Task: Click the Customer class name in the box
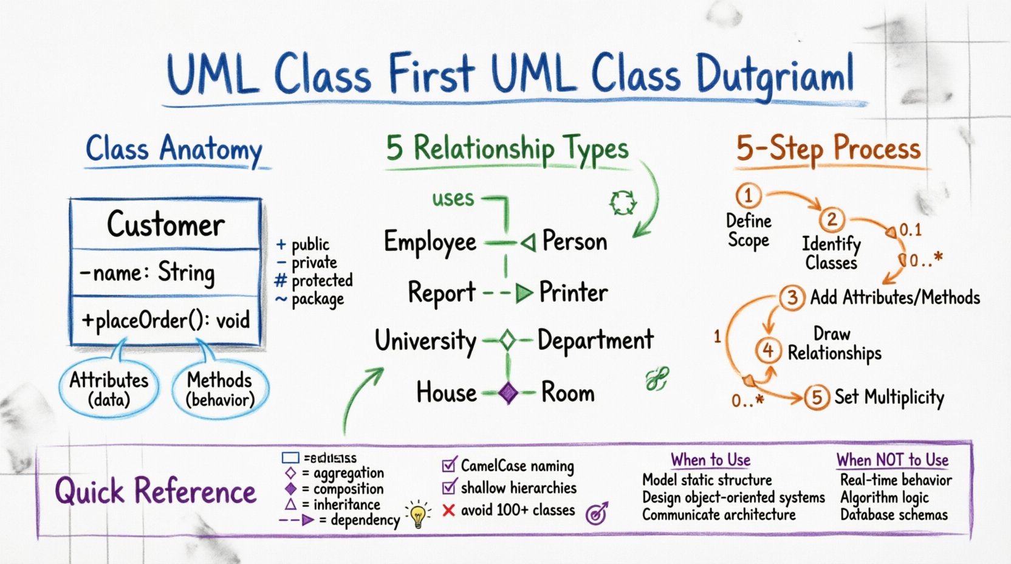165,224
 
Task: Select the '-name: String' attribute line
147,272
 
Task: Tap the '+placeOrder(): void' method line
165,320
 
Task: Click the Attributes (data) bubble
109,390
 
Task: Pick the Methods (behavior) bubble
219,390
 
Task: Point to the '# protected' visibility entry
314,281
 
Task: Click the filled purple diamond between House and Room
508,393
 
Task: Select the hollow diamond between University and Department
507,341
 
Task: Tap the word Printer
573,293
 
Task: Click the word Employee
430,242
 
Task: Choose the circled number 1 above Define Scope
748,196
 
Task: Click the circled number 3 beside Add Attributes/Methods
792,298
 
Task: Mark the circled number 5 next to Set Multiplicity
817,397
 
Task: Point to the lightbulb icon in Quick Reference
418,515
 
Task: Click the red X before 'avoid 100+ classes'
448,510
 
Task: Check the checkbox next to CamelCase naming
449,466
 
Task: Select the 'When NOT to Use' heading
892,460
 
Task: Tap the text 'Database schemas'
893,515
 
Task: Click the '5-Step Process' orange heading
828,149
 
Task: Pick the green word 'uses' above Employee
453,199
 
